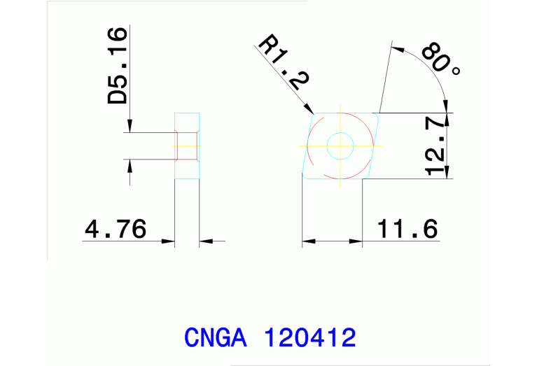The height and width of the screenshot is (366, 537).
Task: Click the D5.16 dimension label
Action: pyautogui.click(x=118, y=66)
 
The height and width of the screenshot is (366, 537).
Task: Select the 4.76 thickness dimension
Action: pyautogui.click(x=115, y=229)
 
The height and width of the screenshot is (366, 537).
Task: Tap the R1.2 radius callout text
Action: pyautogui.click(x=283, y=64)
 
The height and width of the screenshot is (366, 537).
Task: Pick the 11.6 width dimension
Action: pyautogui.click(x=408, y=228)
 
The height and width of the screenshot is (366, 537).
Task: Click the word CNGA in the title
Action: pyautogui.click(x=216, y=338)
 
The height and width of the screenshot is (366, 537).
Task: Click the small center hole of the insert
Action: pyautogui.click(x=340, y=146)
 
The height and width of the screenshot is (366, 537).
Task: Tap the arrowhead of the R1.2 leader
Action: pyautogui.click(x=310, y=109)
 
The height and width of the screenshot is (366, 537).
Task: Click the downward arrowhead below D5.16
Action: pyautogui.click(x=130, y=127)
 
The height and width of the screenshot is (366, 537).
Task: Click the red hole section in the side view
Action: pyautogui.click(x=186, y=146)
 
